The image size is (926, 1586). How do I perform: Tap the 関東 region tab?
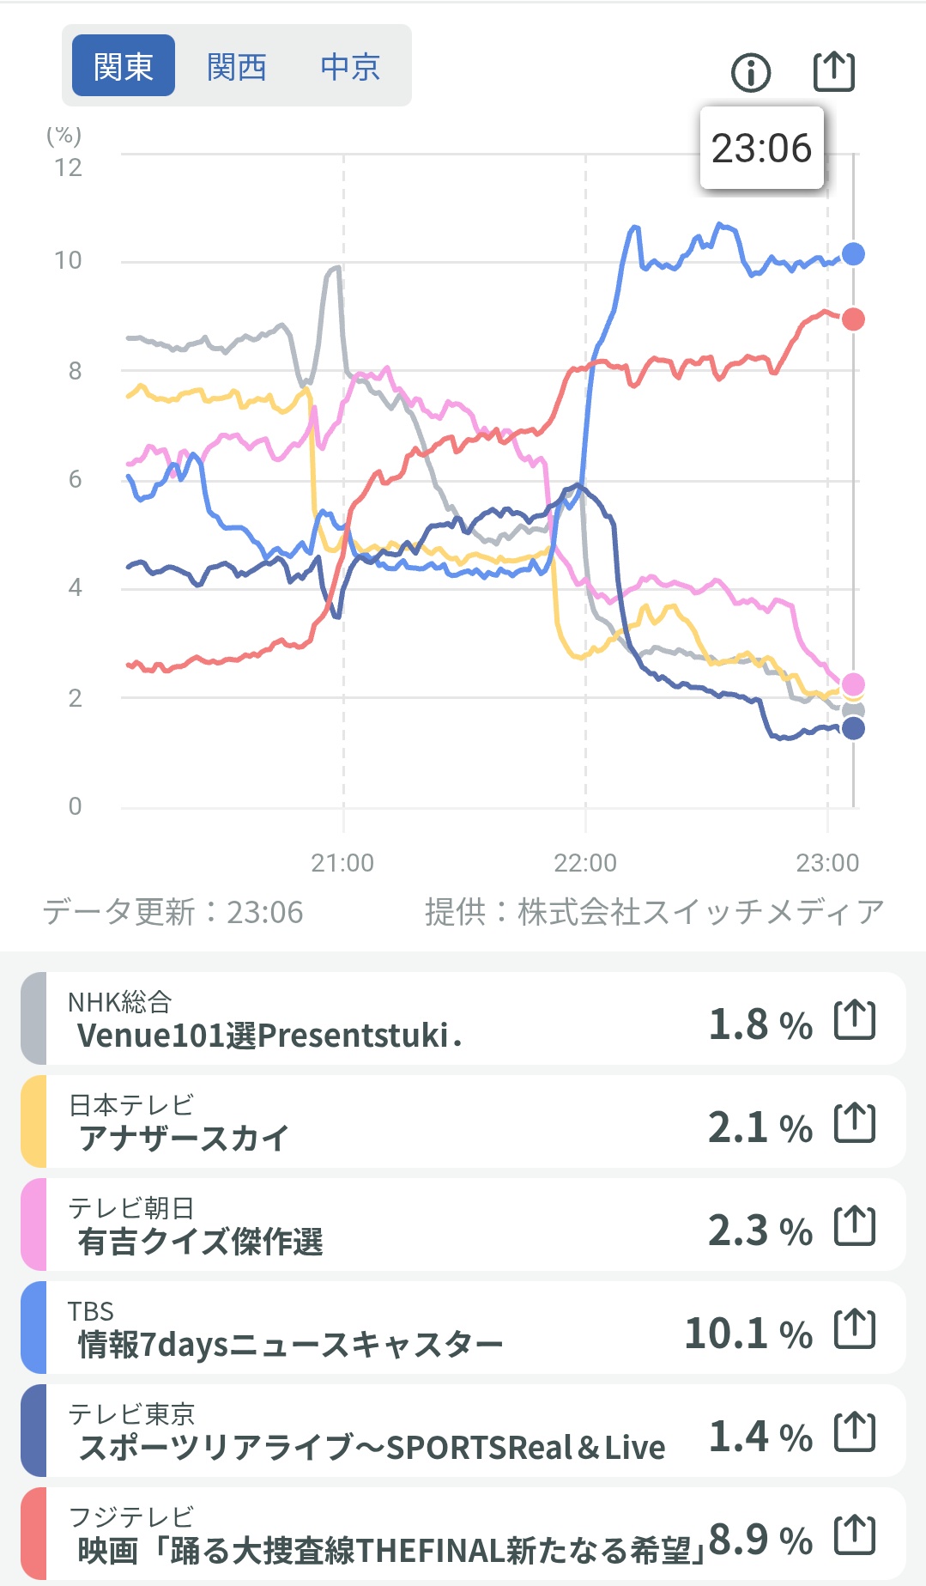(124, 65)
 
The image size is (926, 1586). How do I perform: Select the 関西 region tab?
(237, 66)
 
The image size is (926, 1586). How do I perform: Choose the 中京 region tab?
(350, 66)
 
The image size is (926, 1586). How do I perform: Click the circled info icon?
(751, 72)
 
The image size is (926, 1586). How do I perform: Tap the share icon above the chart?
(834, 70)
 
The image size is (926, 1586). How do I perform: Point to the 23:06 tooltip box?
(762, 148)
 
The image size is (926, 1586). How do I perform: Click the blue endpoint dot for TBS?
(853, 254)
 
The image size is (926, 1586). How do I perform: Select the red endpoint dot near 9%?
(853, 319)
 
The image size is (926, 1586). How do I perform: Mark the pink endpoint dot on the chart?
(853, 684)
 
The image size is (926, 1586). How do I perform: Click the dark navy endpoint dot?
(853, 729)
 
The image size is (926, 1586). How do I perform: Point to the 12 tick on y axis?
(69, 167)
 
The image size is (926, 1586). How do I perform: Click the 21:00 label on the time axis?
(342, 863)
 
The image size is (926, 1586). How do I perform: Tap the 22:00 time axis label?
(585, 863)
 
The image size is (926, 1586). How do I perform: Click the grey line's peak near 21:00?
(336, 267)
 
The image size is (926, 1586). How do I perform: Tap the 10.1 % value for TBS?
(748, 1334)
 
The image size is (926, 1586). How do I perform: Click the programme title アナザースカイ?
(184, 1139)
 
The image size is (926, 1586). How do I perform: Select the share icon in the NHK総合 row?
(855, 1020)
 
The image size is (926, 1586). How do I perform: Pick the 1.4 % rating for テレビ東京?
(760, 1437)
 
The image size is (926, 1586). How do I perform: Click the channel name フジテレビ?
(131, 1516)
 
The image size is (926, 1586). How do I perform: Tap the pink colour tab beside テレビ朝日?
(33, 1224)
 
